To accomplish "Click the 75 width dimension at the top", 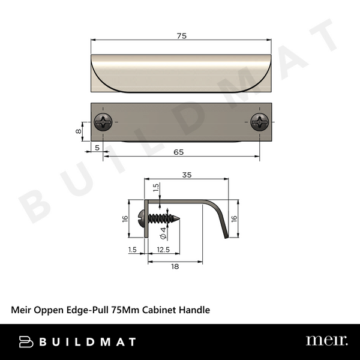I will coord(182,36).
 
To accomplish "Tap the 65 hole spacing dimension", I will coord(178,152).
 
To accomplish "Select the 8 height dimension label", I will coord(78,130).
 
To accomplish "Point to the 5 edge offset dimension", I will coord(96,147).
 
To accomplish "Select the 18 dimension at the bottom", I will coord(174,268).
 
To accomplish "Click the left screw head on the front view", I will coord(103,122).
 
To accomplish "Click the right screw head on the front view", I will coord(260,122).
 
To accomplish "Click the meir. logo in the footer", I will coord(326,341).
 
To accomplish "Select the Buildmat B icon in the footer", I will coord(26,341).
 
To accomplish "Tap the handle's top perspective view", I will coord(182,73).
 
